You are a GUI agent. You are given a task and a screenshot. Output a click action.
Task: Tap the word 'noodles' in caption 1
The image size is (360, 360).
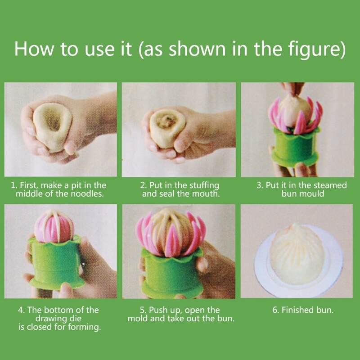[88, 194]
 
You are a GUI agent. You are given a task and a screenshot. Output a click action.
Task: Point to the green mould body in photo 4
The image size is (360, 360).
[56, 261]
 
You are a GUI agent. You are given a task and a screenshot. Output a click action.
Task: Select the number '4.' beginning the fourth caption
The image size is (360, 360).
[21, 310]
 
